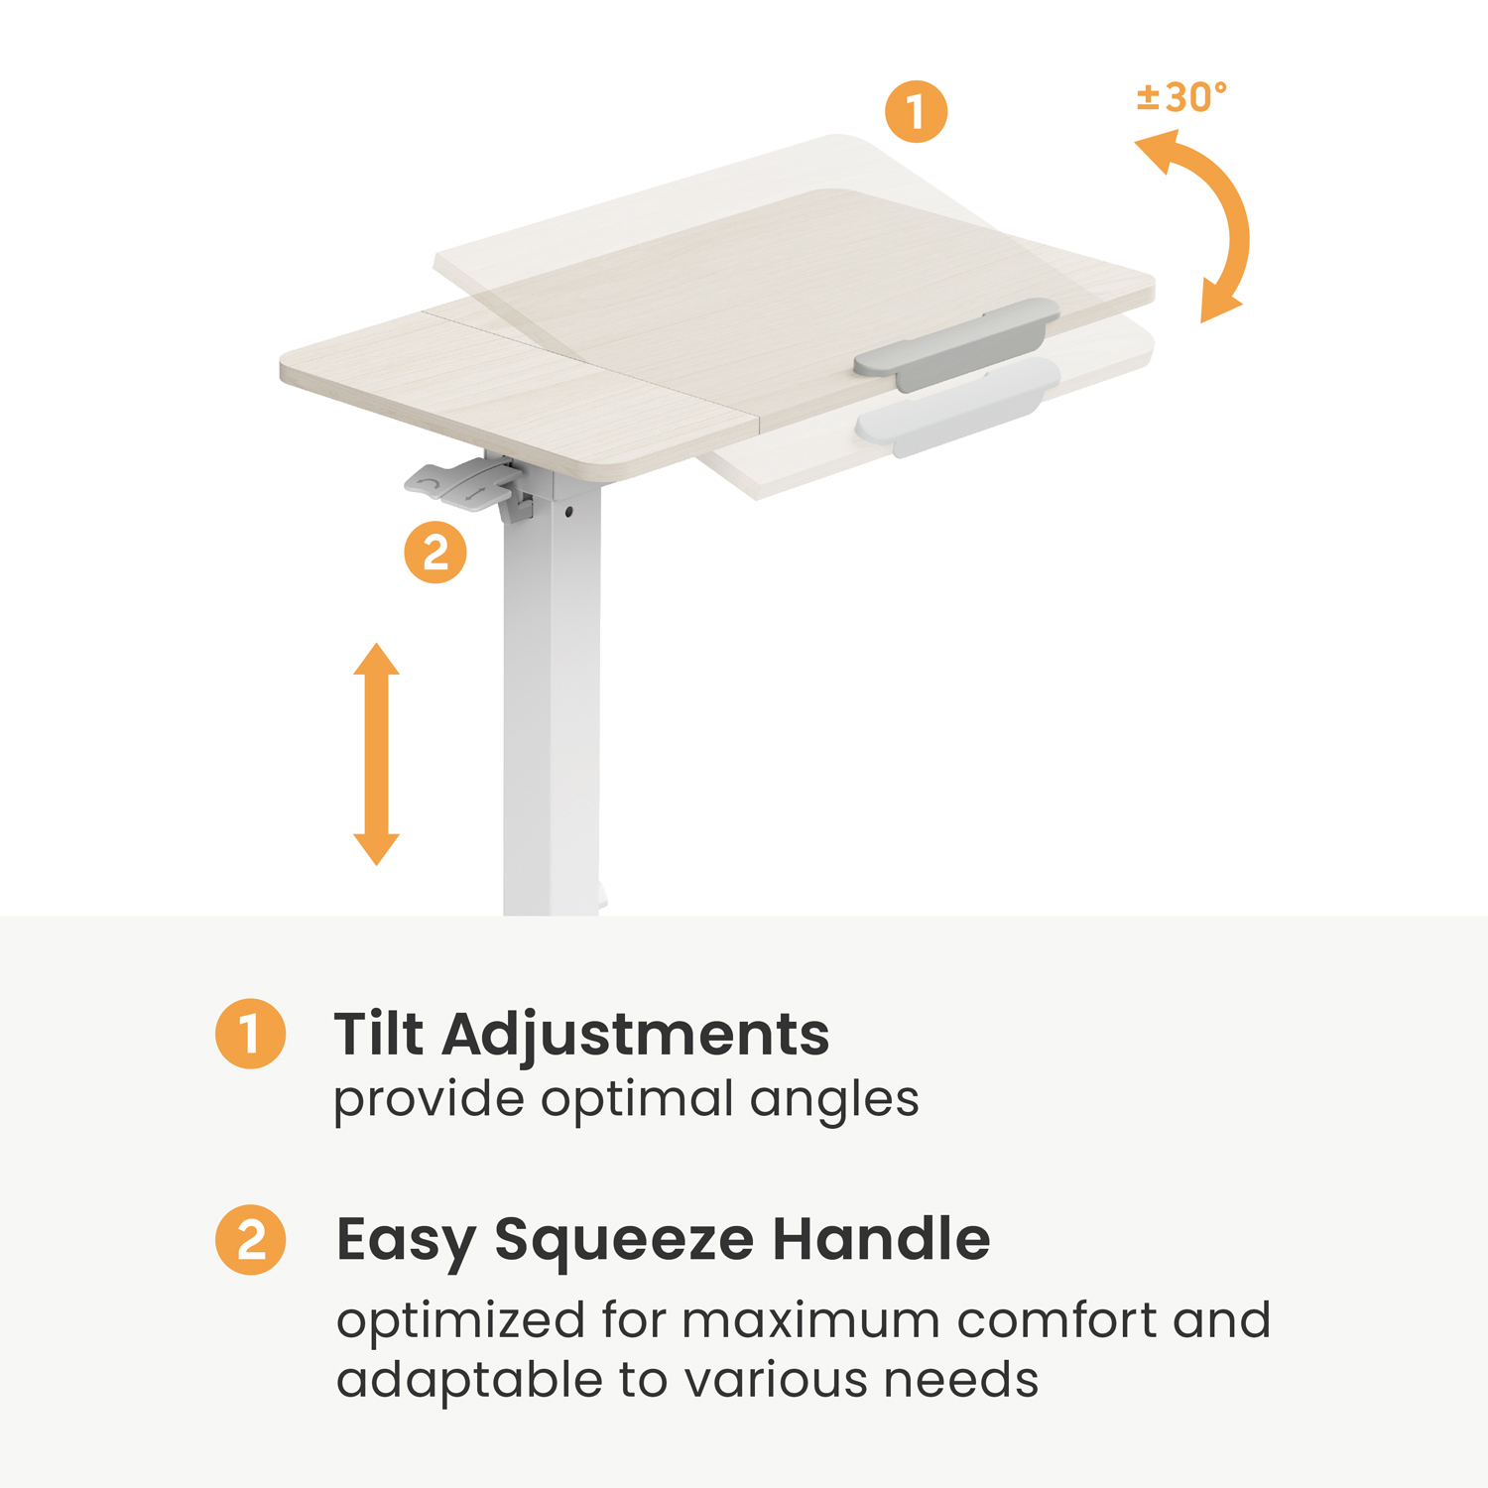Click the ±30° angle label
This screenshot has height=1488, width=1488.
[1181, 98]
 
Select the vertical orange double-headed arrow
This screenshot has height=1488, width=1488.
[376, 754]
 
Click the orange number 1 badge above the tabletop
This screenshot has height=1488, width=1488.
[916, 111]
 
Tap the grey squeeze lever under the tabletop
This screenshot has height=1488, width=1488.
[462, 485]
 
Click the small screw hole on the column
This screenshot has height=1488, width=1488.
[568, 512]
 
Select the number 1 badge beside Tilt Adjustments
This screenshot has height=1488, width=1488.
[251, 1034]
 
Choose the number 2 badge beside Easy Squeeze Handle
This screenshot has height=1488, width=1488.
[251, 1239]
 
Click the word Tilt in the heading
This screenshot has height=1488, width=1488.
[379, 1034]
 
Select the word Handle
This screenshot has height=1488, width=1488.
[881, 1239]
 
